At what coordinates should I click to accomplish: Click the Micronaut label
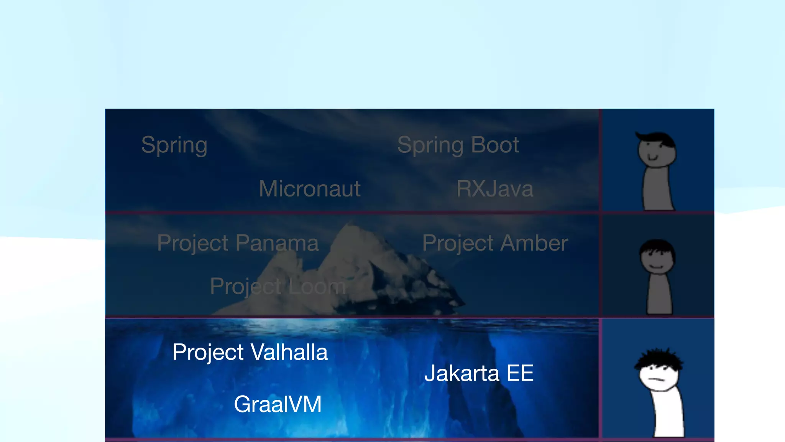310,189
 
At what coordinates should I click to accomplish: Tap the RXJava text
495,189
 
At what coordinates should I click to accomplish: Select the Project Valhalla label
250,352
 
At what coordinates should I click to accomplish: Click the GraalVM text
278,404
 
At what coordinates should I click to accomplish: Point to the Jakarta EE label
479,373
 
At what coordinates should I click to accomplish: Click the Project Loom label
278,286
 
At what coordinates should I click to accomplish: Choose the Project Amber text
495,243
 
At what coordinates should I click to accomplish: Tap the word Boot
495,145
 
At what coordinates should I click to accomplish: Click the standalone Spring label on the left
174,145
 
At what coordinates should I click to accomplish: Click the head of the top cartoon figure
657,150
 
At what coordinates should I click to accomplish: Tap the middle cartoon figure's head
657,256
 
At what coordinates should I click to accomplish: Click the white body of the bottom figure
669,414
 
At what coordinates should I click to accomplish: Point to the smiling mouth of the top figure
653,158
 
